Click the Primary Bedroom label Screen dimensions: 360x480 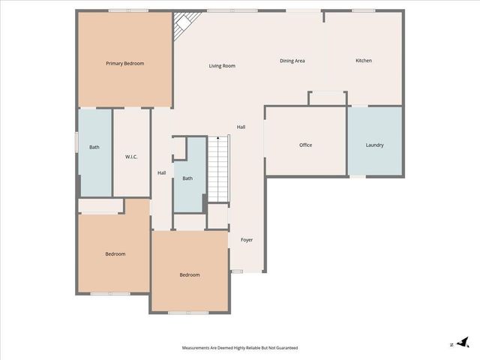pyautogui.click(x=124, y=64)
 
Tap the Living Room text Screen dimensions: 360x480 pyautogui.click(x=222, y=66)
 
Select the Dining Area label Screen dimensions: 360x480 pyautogui.click(x=292, y=61)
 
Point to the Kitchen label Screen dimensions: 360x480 pyautogui.click(x=364, y=61)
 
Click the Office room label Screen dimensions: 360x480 pyautogui.click(x=305, y=145)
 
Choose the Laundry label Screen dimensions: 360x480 pyautogui.click(x=375, y=145)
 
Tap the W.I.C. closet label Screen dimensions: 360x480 pyautogui.click(x=131, y=156)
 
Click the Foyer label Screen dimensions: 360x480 pyautogui.click(x=247, y=240)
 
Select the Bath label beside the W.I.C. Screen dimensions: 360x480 pyautogui.click(x=94, y=147)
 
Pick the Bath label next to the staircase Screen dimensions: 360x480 pyautogui.click(x=187, y=178)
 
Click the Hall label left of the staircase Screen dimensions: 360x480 pyautogui.click(x=162, y=173)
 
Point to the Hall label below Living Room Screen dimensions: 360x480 pyautogui.click(x=241, y=127)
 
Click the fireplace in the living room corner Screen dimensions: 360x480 pyautogui.click(x=181, y=27)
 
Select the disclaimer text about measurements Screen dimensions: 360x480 pyautogui.click(x=240, y=348)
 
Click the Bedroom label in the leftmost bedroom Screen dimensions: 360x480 pyautogui.click(x=115, y=254)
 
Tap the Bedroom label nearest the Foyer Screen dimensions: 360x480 pyautogui.click(x=190, y=274)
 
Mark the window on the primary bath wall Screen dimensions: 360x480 pyautogui.click(x=76, y=143)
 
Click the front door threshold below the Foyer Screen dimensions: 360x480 pyautogui.click(x=238, y=271)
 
